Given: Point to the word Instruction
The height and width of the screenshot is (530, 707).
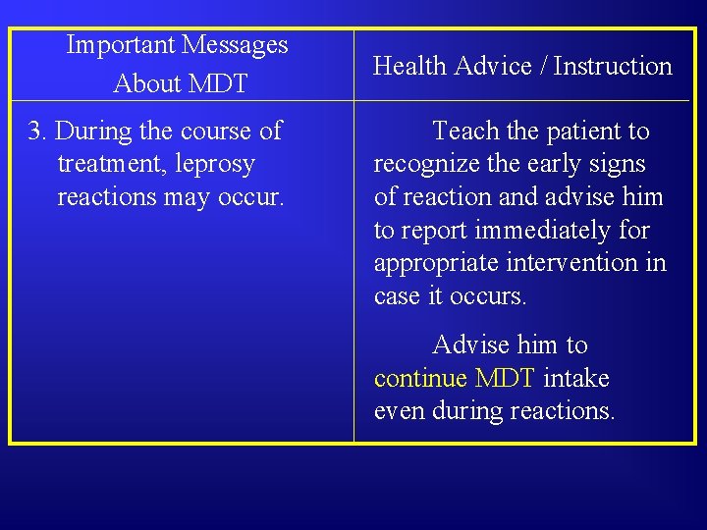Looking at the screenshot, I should [x=613, y=67].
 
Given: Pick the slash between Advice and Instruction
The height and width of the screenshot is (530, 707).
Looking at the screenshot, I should [x=545, y=67].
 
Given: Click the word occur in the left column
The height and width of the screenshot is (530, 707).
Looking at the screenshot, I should [x=255, y=197].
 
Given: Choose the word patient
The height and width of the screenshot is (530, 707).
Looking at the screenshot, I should [x=581, y=131].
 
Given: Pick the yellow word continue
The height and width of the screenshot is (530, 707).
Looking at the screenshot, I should [x=420, y=379].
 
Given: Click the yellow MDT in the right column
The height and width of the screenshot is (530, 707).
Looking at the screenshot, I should [x=505, y=379].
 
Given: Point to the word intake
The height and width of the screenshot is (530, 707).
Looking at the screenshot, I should [x=575, y=379].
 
